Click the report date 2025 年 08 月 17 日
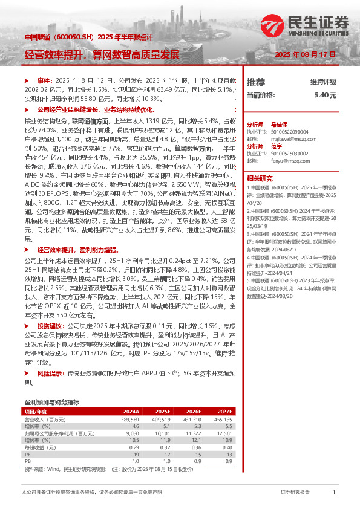[305, 54]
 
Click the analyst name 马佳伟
[277, 122]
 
